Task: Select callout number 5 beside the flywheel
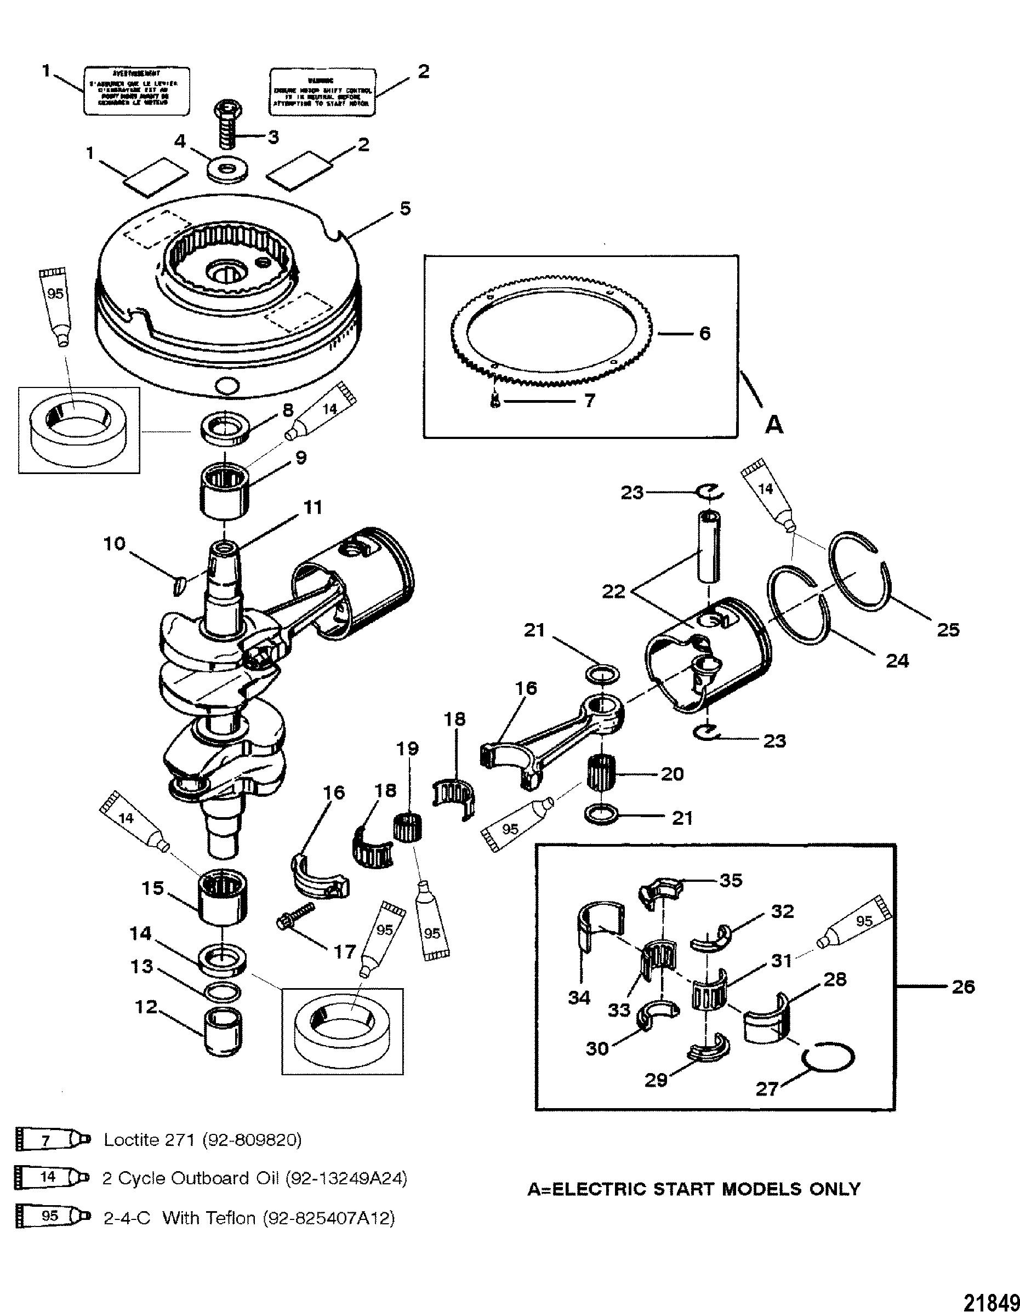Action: (x=406, y=209)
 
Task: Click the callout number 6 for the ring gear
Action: (x=705, y=333)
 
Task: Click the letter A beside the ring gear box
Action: (x=775, y=425)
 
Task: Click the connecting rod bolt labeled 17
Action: (x=295, y=932)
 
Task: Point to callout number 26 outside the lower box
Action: (x=964, y=987)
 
